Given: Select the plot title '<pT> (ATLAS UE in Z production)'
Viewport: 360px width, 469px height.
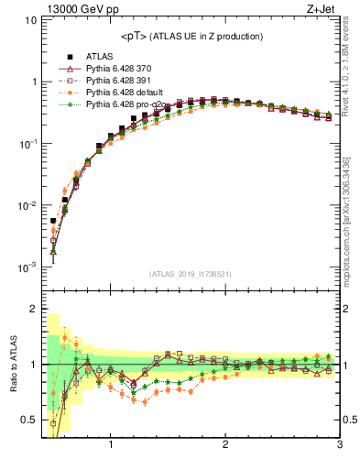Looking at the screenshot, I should tap(191, 36).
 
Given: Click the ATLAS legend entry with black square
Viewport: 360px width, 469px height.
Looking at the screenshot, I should tap(99, 57).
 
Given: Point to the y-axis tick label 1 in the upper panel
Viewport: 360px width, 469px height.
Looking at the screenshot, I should tap(33, 82).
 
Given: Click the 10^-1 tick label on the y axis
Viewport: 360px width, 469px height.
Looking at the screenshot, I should tap(27, 144).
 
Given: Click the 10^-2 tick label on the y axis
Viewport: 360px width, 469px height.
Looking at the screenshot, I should tap(27, 206).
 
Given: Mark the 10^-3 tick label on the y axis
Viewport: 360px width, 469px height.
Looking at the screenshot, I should tap(27, 267).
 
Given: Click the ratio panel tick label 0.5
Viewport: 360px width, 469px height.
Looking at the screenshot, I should tap(28, 420).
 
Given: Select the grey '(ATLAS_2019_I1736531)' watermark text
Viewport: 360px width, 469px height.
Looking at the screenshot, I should tap(191, 274).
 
